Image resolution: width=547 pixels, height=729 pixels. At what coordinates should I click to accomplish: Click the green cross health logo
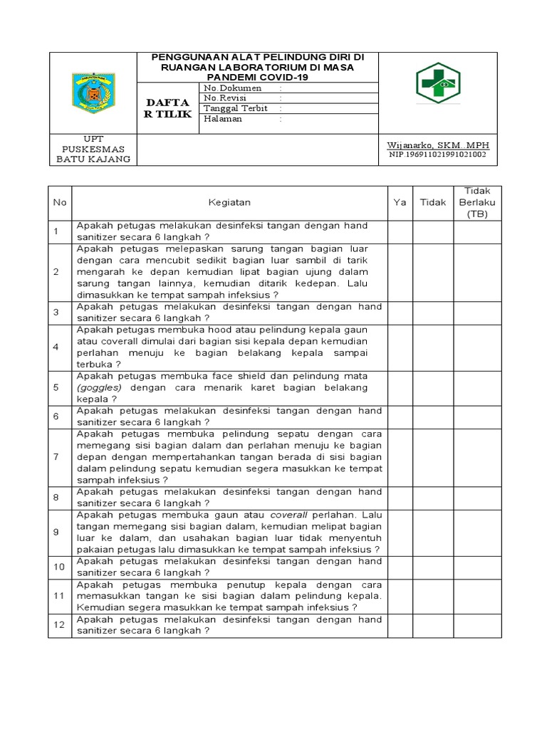(x=438, y=83)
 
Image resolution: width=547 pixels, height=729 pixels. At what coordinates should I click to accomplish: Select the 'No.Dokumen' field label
(x=232, y=88)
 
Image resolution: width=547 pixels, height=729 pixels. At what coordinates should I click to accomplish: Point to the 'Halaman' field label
(x=223, y=119)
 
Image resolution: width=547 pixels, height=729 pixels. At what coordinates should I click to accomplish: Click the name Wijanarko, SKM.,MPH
(x=437, y=145)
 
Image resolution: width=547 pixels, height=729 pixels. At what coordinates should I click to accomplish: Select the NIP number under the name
(x=437, y=154)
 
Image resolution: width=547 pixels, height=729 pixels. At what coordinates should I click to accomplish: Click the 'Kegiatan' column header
(x=229, y=202)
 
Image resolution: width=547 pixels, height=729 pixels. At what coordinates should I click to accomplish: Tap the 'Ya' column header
(x=400, y=202)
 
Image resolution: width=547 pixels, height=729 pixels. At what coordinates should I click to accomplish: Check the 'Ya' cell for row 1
(x=400, y=231)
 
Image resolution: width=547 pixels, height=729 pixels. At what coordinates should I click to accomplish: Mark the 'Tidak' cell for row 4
(x=432, y=347)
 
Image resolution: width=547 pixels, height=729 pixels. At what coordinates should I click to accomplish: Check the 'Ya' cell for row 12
(x=400, y=625)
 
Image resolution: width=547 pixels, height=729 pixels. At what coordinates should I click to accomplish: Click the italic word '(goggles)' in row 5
(x=100, y=388)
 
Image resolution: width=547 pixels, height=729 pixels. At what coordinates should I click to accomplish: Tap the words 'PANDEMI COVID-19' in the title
(x=259, y=76)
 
